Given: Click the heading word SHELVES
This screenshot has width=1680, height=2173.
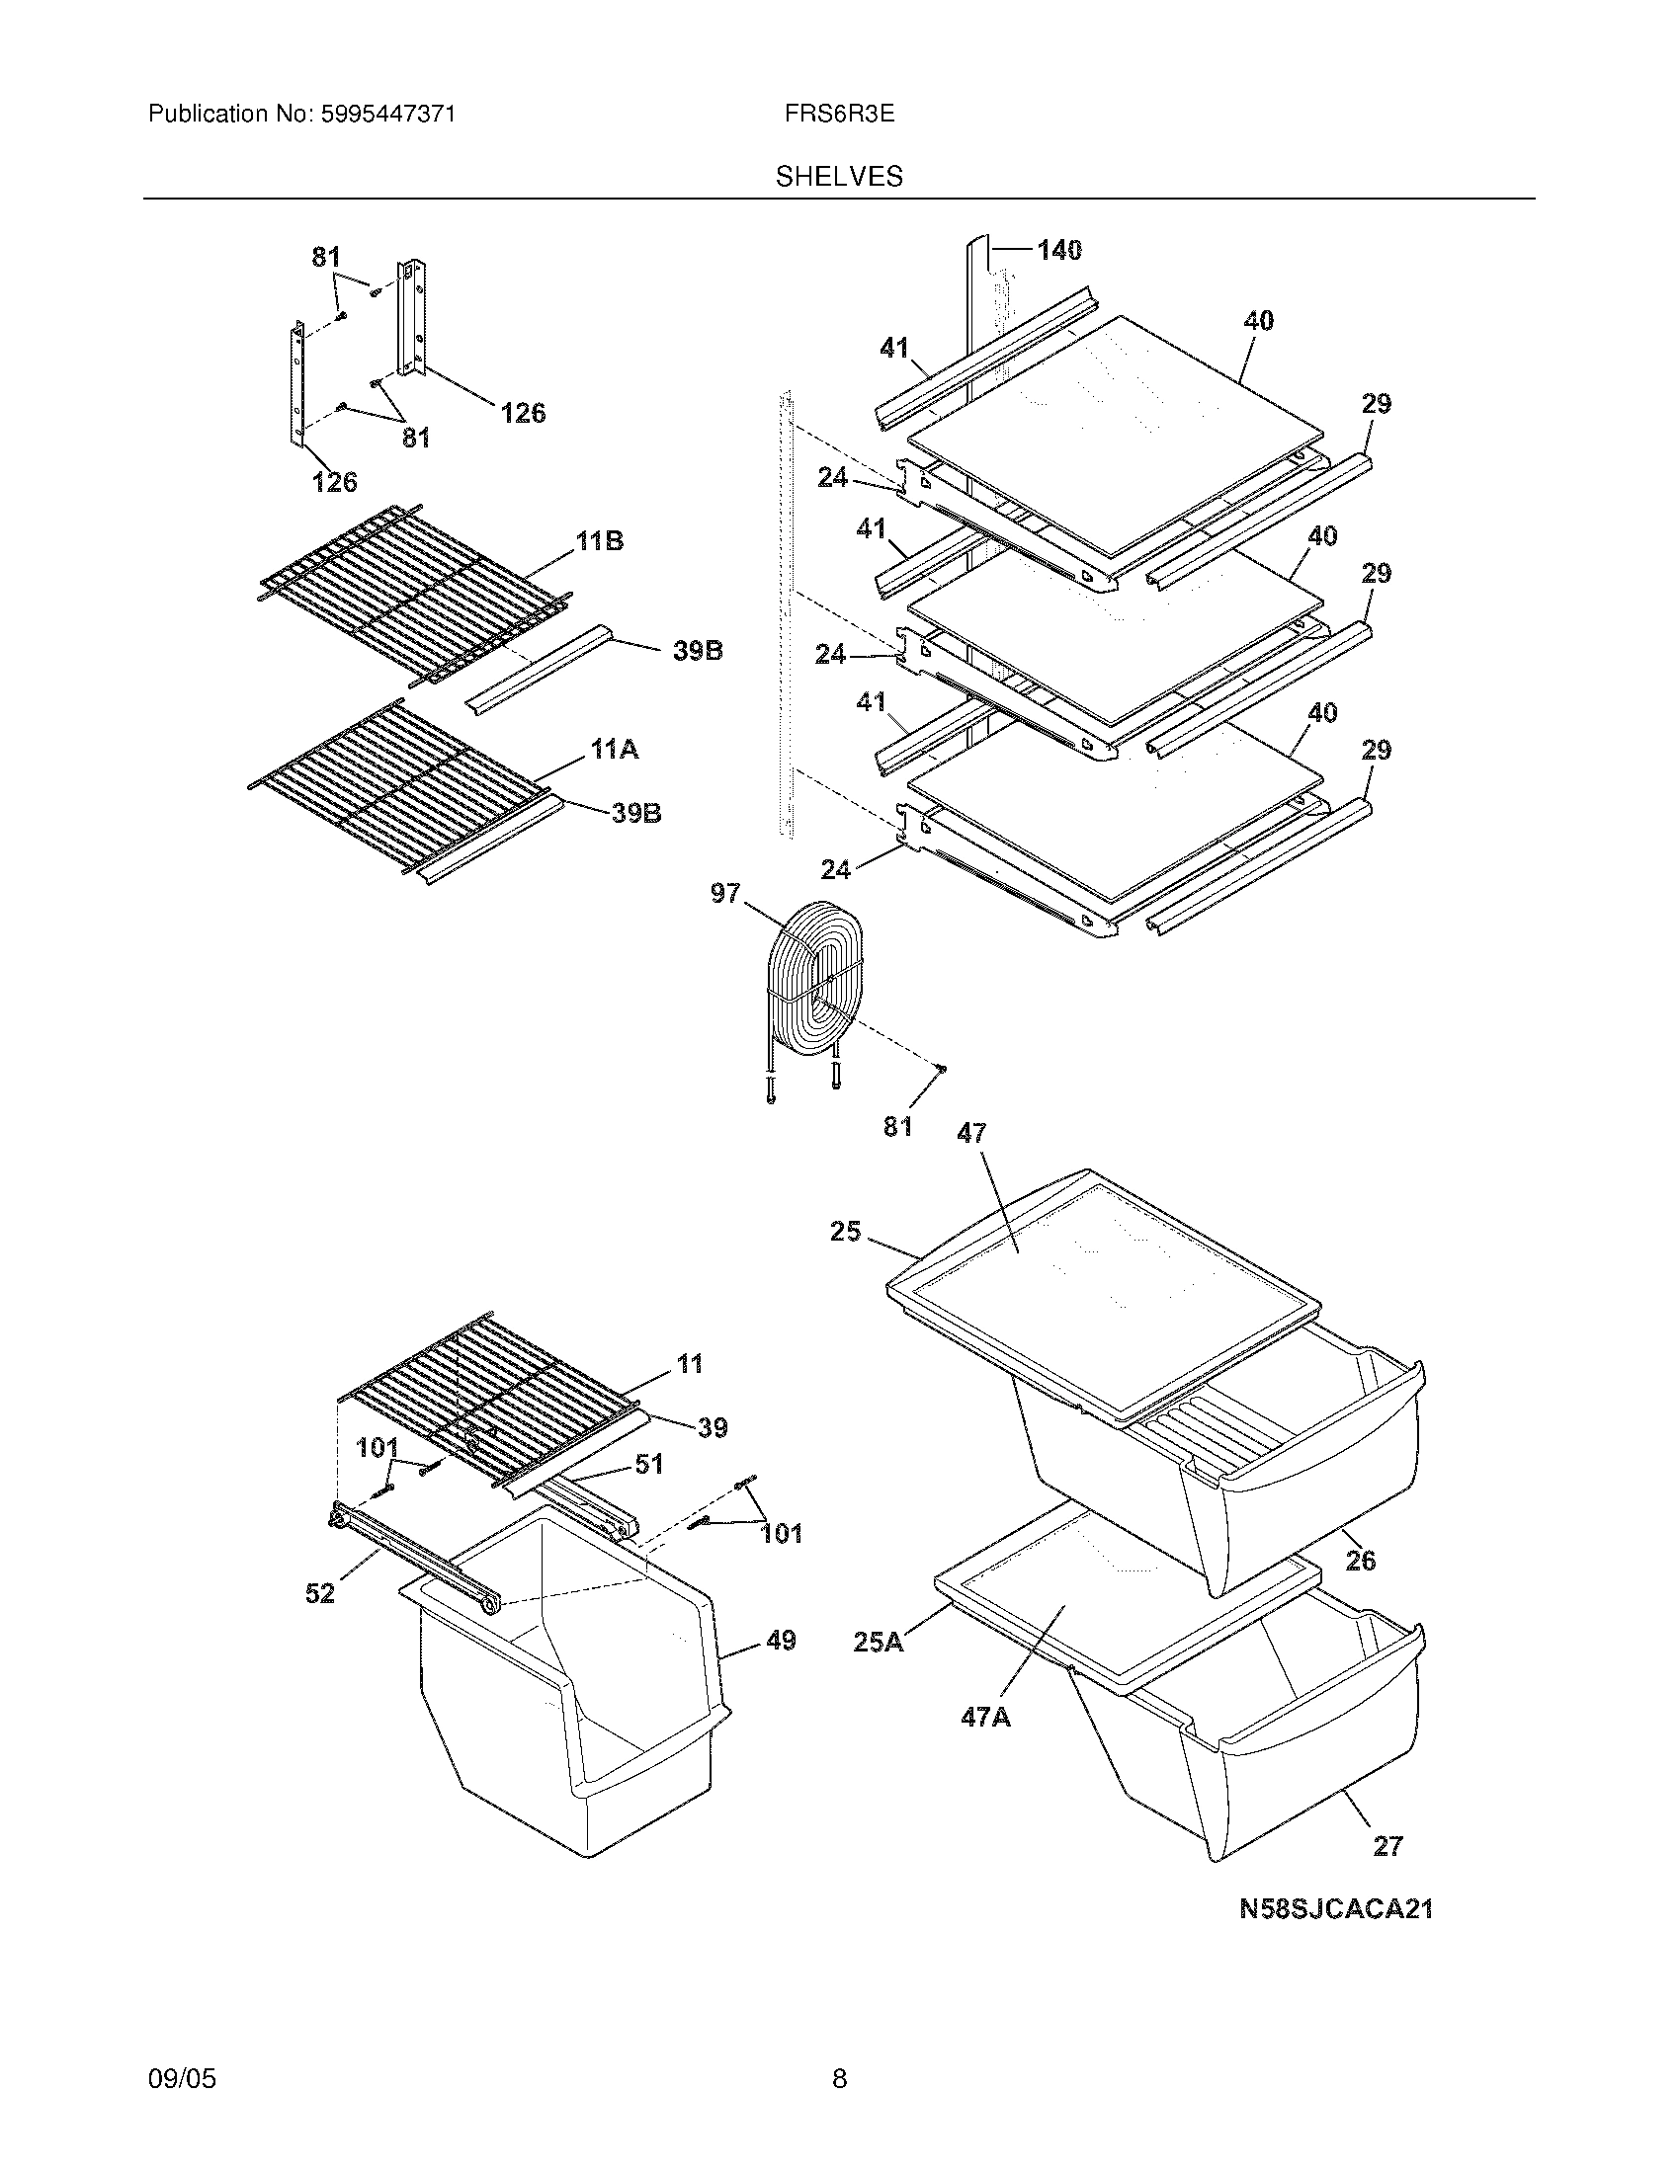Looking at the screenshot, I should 839,177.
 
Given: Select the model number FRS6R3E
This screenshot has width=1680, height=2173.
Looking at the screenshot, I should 839,115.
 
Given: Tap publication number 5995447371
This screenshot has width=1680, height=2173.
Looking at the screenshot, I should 388,115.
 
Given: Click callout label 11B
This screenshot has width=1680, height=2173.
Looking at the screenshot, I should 599,542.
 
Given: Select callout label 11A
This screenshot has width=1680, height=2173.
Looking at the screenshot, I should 614,750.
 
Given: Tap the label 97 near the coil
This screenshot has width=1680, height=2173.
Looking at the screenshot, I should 725,894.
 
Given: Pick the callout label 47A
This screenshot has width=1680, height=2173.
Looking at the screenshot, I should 985,1717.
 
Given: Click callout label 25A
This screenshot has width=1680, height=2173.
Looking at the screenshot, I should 878,1642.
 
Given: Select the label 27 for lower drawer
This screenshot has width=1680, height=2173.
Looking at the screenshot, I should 1387,1846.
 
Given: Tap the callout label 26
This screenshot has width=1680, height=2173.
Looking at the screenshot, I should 1361,1560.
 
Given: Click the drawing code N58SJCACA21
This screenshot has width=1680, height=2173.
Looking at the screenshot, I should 1336,1908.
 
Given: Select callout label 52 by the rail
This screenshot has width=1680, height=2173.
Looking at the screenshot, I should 319,1593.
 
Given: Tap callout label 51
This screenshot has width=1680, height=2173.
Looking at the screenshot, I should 649,1464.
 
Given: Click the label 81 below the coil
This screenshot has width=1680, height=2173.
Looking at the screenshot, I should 897,1126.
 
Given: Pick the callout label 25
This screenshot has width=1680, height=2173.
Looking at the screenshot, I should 845,1232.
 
